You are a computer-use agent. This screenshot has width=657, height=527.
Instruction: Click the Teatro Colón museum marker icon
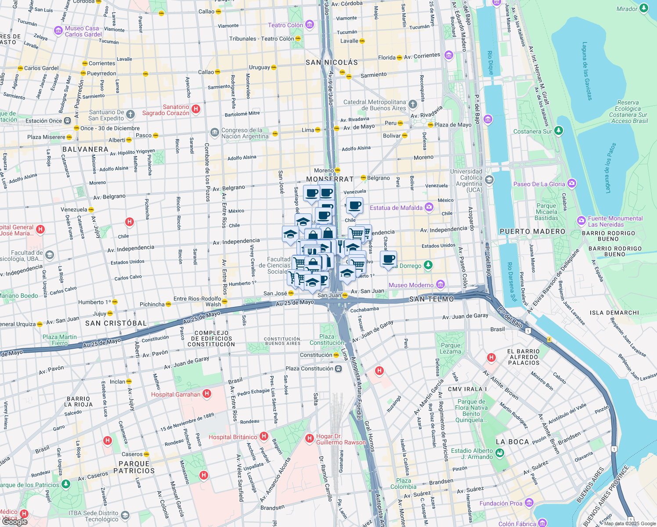coord(310,25)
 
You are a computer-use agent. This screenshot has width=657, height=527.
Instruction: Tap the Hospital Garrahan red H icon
coord(207,394)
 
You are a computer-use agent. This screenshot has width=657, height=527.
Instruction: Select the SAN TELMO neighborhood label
coord(432,299)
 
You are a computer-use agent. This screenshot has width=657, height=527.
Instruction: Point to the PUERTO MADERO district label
coord(532,231)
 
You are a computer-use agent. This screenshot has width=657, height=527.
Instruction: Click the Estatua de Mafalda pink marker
coord(429,207)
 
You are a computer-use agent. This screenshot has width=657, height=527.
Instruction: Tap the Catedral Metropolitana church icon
coord(412,105)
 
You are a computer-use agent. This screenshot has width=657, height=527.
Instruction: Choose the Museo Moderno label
coord(411,285)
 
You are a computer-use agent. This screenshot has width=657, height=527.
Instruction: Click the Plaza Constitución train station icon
coord(338,368)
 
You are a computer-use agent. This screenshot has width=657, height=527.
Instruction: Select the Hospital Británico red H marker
coord(264,436)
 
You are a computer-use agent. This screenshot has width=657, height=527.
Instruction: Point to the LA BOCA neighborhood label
coord(512,442)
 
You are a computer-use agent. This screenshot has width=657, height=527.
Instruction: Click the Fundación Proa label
coord(501,503)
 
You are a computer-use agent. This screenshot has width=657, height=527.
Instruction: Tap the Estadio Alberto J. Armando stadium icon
coord(500,454)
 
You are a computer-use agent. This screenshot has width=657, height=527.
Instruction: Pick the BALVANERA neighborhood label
coord(85,149)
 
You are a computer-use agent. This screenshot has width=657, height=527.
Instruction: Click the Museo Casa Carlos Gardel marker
coord(58,31)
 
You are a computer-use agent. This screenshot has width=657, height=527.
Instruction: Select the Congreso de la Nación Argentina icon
coord(214,132)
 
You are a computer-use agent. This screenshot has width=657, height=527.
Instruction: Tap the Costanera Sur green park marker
coord(558,130)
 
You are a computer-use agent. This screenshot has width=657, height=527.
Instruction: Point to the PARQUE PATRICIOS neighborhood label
coord(134,467)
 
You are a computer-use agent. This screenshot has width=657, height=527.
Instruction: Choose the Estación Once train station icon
coord(67,121)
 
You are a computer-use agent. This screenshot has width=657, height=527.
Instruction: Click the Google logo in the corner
coord(14,522)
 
